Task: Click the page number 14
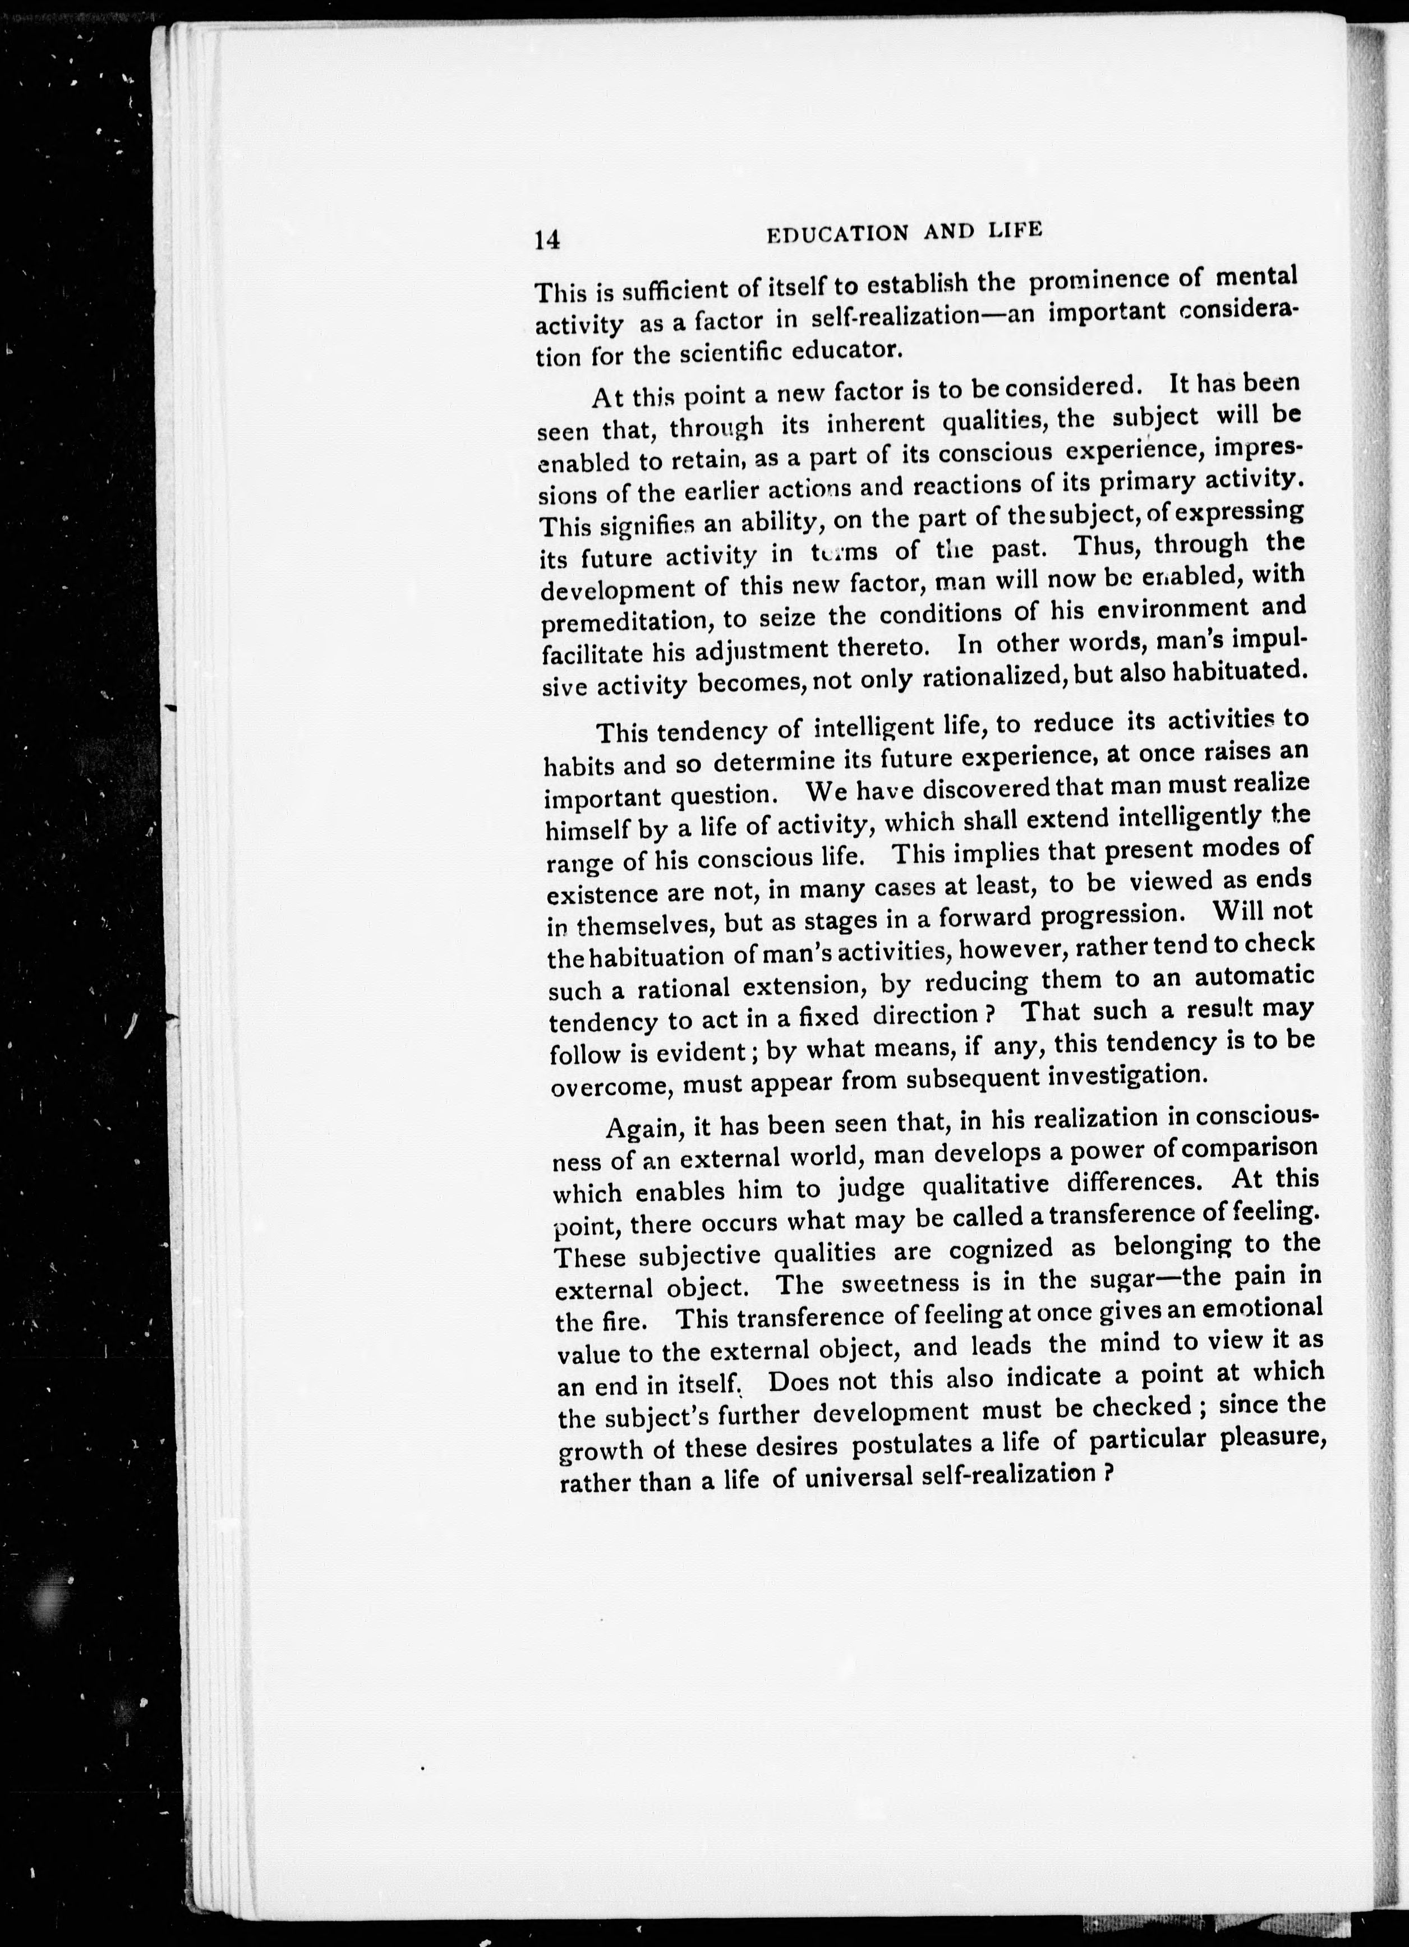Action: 547,241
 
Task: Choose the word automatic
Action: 1254,977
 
